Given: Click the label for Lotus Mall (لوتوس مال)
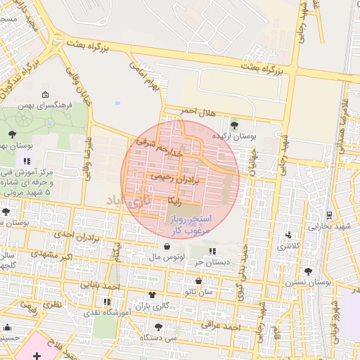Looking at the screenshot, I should pos(165,258).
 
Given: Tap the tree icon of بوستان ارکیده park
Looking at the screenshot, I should pos(233,124).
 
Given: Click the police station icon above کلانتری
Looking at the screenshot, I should pos(288,236).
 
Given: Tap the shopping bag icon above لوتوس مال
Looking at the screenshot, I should pos(167,247).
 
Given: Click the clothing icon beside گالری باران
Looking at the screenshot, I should pos(151,295).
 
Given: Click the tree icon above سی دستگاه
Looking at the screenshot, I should pos(157,327).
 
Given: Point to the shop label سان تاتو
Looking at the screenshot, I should pos(199,290).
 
